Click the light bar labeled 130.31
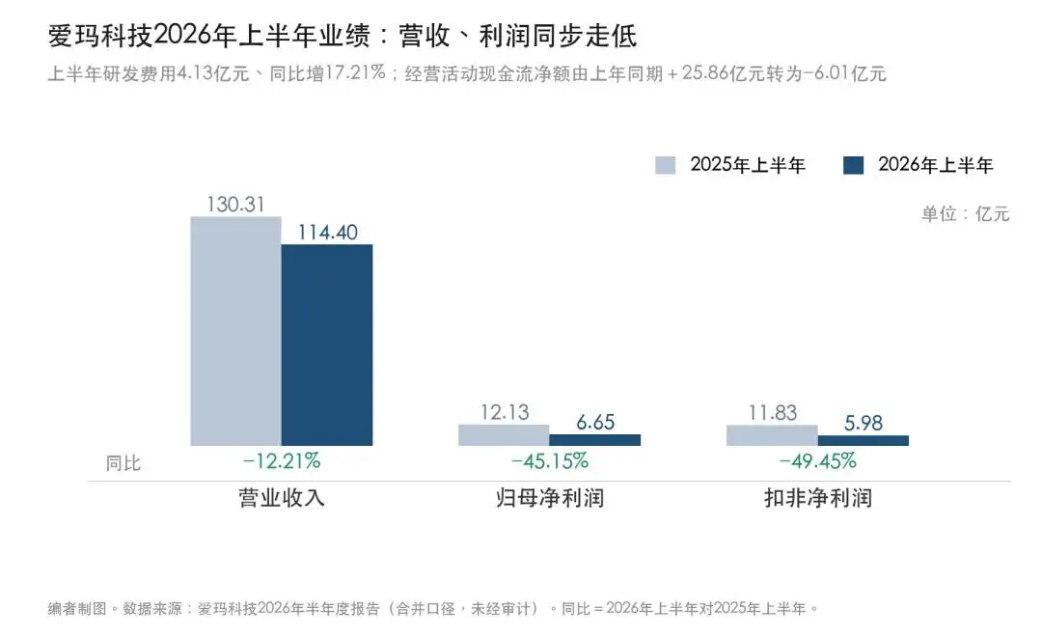[x=236, y=331]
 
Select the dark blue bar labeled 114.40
[x=327, y=346]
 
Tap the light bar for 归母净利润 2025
[x=504, y=435]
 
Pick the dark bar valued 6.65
[x=594, y=439]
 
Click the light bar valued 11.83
[x=772, y=435]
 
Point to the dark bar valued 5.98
[x=864, y=440]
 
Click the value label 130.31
[x=235, y=205]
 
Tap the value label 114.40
[x=327, y=232]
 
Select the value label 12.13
[x=505, y=412]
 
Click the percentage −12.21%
[x=282, y=460]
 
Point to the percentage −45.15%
[x=550, y=460]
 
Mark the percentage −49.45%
[x=817, y=460]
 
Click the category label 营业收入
[x=282, y=498]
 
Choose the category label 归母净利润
[x=550, y=498]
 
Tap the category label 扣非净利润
[x=818, y=498]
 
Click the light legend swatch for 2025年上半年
[x=665, y=165]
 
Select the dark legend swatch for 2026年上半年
[x=853, y=165]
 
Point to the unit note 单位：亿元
[x=965, y=213]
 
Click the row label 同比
[x=123, y=462]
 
